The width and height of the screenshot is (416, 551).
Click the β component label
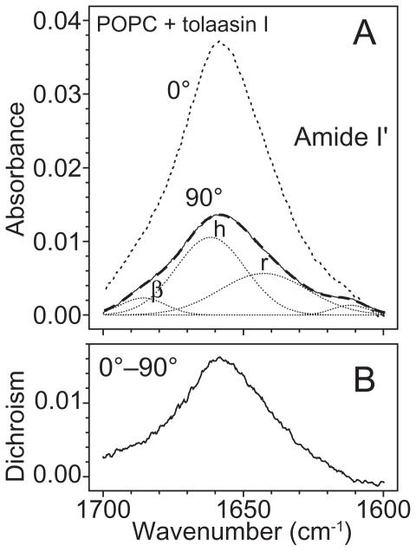coord(157,290)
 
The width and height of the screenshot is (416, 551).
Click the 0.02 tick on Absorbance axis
coord(58,166)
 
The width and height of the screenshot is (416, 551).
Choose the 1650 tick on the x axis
coord(244,502)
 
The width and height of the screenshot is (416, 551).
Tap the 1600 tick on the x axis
coord(383,502)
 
